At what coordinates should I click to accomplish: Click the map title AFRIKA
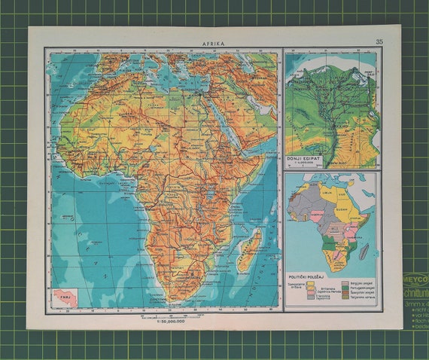[213, 44]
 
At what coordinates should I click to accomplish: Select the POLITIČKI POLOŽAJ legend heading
[307, 276]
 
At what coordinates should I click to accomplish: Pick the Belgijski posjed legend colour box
[345, 284]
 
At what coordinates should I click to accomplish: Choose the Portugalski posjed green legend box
[345, 289]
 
